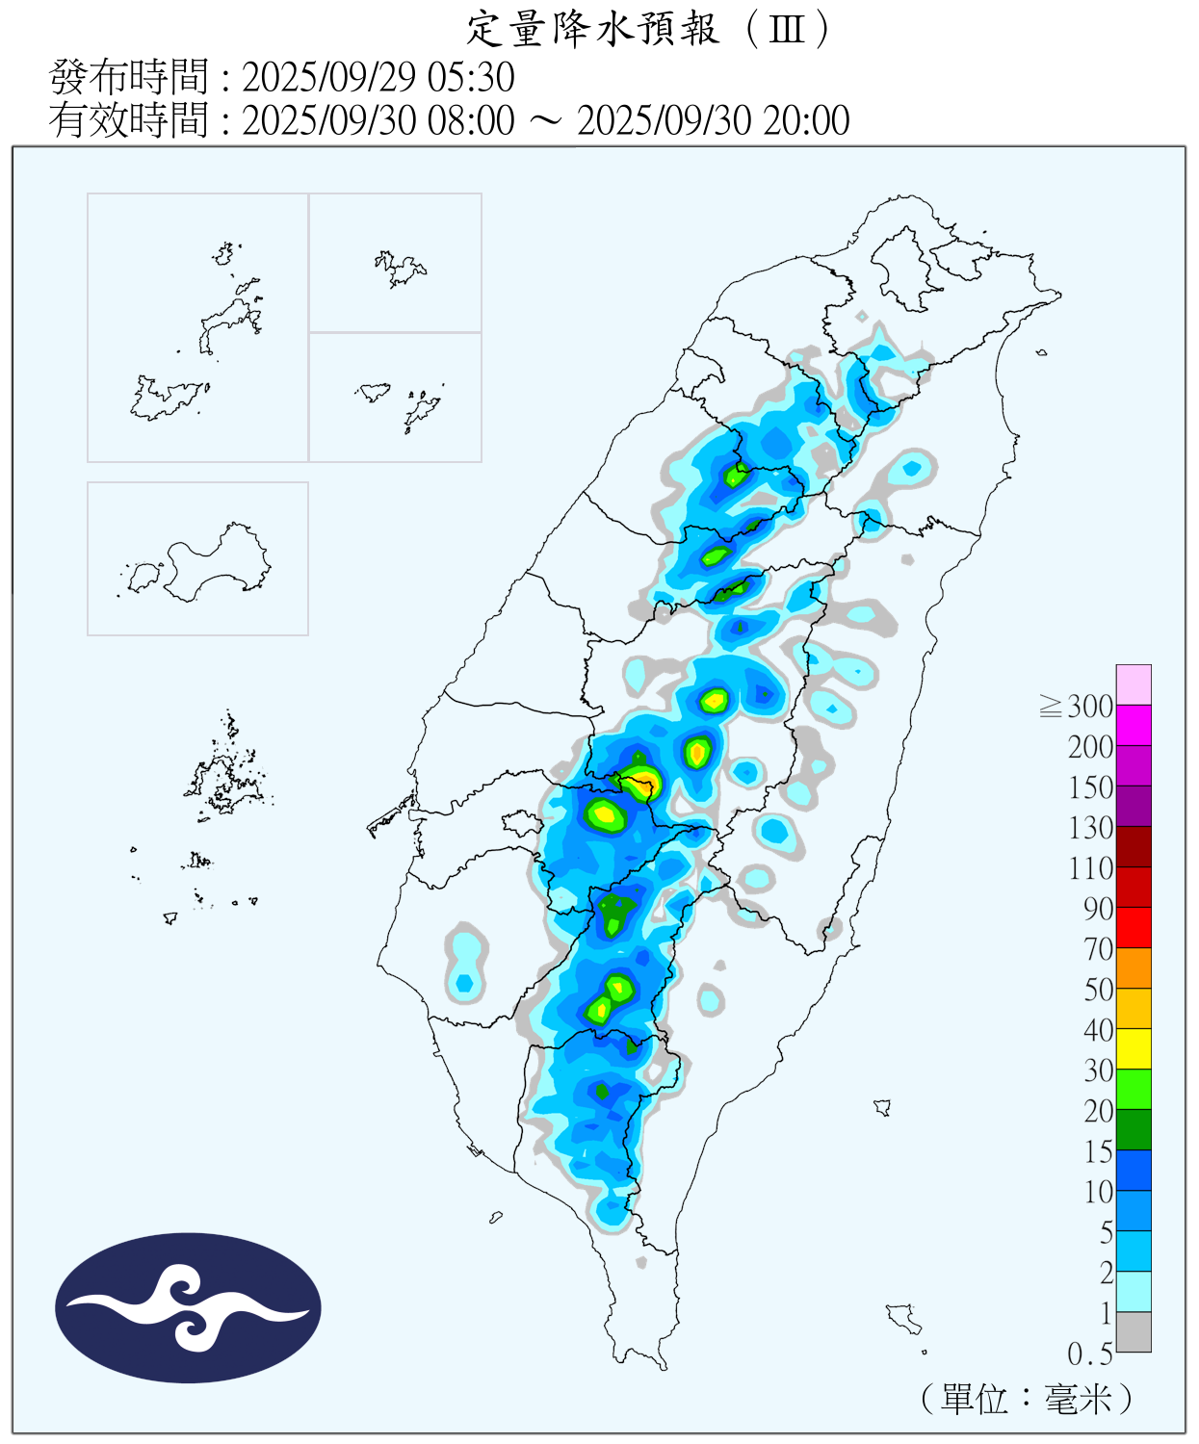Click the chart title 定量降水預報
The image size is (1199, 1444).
[x=593, y=29]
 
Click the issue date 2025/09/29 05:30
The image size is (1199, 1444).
[x=378, y=77]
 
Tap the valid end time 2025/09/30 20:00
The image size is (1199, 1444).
[x=713, y=120]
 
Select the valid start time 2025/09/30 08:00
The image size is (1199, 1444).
[x=378, y=120]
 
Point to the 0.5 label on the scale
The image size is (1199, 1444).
[x=1089, y=1354]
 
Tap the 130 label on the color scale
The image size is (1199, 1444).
[x=1090, y=828]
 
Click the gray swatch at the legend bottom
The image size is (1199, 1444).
[x=1134, y=1331]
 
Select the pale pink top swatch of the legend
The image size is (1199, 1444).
[x=1134, y=684]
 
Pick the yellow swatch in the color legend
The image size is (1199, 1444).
[x=1134, y=1048]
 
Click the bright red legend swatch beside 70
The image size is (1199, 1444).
[x=1134, y=927]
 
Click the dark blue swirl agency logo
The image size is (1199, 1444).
[x=188, y=1307]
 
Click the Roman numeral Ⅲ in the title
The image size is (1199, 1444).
[x=787, y=29]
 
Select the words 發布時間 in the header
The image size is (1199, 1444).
[x=128, y=77]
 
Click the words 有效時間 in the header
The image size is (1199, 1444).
[x=128, y=120]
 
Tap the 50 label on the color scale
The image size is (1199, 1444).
[x=1098, y=990]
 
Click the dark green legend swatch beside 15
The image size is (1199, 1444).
[x=1134, y=1129]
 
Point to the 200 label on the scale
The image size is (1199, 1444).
[x=1090, y=747]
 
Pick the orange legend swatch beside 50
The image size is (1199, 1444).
[x=1134, y=967]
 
